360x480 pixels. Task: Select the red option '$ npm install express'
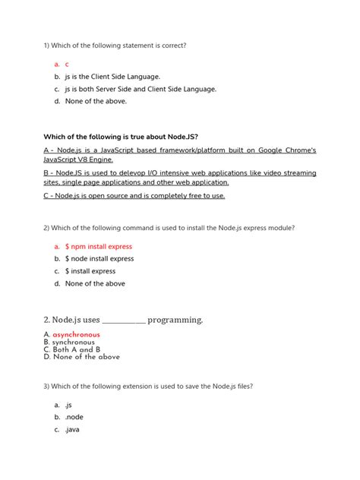coord(98,247)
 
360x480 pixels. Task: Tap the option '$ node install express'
coord(99,259)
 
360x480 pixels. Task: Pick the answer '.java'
coord(72,430)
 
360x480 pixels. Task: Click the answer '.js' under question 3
coord(68,406)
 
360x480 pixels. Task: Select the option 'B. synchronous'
coord(69,343)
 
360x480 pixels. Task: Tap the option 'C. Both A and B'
coord(72,349)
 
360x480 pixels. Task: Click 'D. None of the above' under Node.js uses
coord(82,357)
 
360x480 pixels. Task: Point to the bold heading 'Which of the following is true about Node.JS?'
coord(122,137)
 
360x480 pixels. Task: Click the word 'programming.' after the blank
coord(175,320)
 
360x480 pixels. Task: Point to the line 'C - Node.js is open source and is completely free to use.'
coord(134,196)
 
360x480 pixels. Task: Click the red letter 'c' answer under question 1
coord(67,65)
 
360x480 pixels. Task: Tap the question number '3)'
coord(48,387)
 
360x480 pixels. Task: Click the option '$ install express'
coord(90,271)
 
